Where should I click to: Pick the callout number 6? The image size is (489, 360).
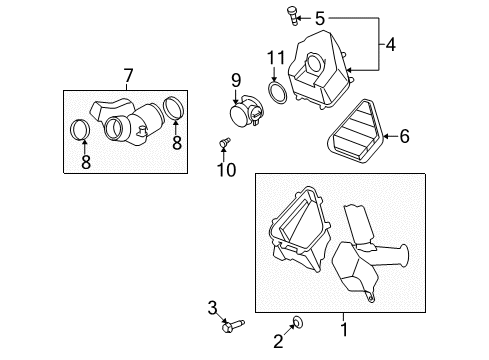point(405,135)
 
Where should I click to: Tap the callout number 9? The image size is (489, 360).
point(236,79)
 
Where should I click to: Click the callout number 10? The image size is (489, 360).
point(227,169)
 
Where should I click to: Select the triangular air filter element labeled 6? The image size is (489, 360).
point(355,137)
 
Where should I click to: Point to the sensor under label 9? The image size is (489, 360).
point(244,112)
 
